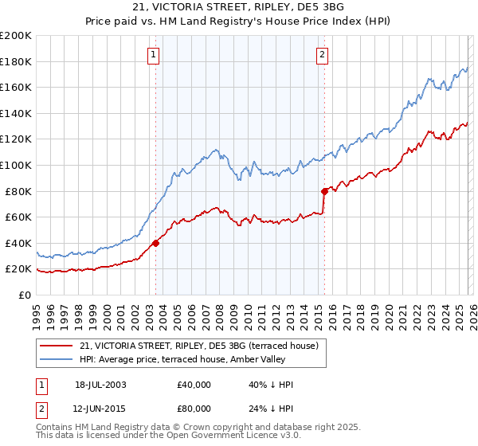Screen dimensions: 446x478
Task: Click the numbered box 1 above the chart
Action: click(x=152, y=55)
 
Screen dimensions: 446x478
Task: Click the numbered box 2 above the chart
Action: click(x=322, y=55)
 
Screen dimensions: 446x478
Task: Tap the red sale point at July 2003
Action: click(x=156, y=243)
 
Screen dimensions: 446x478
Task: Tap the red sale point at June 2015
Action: click(x=324, y=191)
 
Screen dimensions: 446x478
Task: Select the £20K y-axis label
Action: click(x=18, y=269)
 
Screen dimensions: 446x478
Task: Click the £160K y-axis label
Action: click(x=16, y=87)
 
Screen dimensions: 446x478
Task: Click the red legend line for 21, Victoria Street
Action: click(x=58, y=346)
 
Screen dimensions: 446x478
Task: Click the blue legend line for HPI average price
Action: click(x=58, y=360)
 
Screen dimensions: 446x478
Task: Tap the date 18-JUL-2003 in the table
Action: click(x=100, y=385)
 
